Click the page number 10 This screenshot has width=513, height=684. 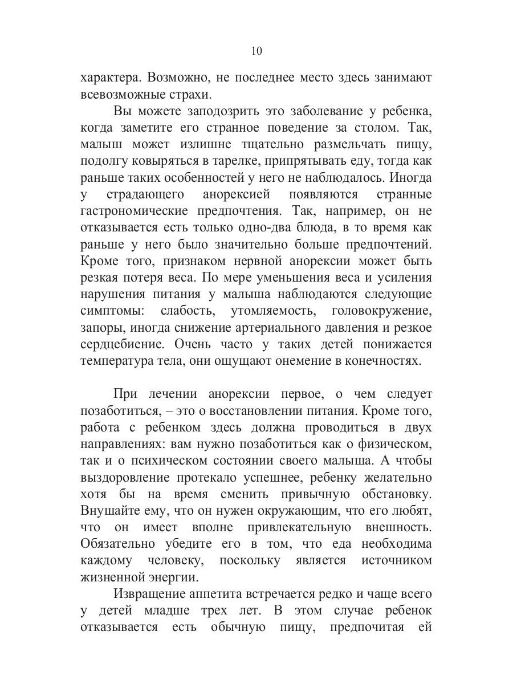pyautogui.click(x=256, y=51)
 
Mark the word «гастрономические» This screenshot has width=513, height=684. pyautogui.click(x=134, y=210)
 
